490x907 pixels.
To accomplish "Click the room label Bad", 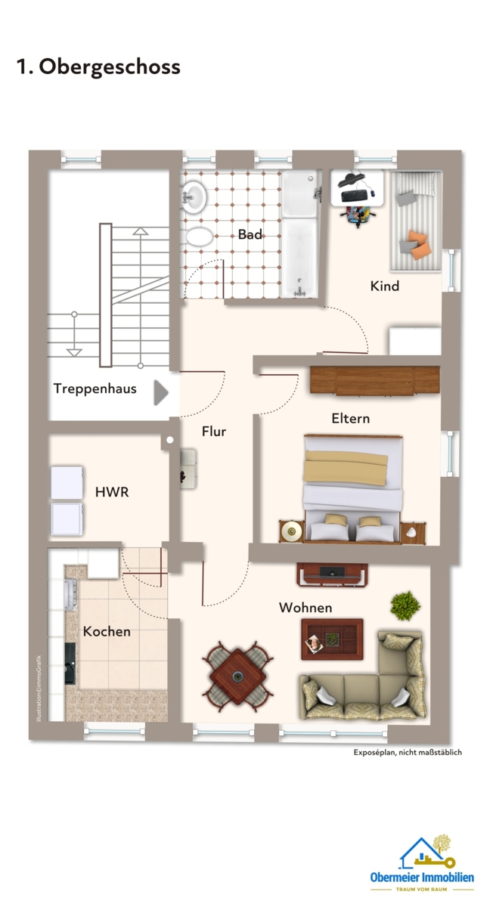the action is [250, 234].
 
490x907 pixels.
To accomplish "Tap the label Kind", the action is [384, 286].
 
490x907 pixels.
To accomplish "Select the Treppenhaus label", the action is [95, 388].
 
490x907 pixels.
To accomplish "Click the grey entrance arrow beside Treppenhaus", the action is [161, 392].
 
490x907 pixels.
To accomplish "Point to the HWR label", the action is [112, 492].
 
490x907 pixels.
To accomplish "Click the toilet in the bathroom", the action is [197, 237].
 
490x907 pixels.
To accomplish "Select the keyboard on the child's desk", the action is [355, 195].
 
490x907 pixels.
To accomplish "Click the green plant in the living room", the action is [405, 605].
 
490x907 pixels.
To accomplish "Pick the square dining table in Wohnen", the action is [237, 676].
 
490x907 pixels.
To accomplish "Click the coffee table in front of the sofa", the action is [332, 639].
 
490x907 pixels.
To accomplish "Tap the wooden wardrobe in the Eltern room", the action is [374, 380].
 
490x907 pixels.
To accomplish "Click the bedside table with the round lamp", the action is [291, 531].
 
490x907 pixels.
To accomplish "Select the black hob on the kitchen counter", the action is [70, 664].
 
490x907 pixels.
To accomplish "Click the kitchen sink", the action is [70, 594].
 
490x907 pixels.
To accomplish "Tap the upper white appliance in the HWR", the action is [67, 483].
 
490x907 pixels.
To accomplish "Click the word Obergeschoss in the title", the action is [110, 67].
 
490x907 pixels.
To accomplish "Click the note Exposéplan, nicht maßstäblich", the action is [408, 752].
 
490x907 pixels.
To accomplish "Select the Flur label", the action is [214, 432].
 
